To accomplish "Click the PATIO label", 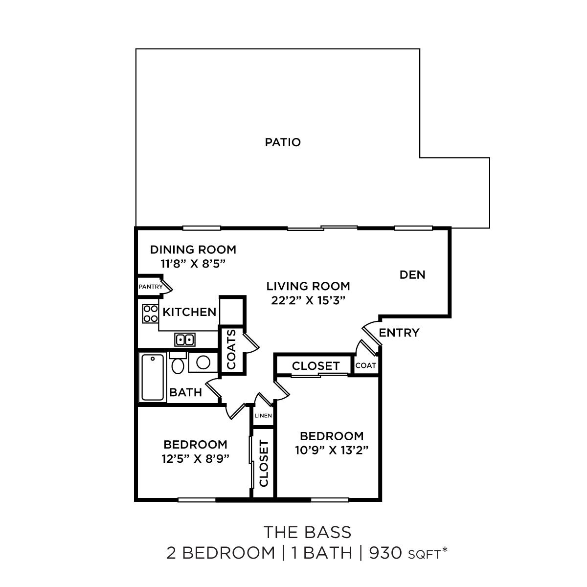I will click(283, 142).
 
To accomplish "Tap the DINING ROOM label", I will click(193, 249).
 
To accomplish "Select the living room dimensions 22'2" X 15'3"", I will click(308, 300).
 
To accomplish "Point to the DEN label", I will click(412, 275).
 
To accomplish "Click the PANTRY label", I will click(150, 287).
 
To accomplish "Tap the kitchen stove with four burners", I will click(150, 313).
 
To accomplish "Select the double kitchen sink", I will click(185, 339).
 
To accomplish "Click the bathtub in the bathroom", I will click(153, 377).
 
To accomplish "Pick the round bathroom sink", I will click(203, 362).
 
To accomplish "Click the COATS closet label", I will click(231, 349).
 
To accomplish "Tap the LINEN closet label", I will click(263, 415).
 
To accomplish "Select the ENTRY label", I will click(399, 333).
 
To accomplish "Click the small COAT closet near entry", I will click(365, 365).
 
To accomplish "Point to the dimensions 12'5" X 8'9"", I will click(195, 458).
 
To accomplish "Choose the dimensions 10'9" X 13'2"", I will click(331, 450).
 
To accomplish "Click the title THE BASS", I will click(307, 531).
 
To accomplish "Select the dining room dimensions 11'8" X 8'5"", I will click(193, 263).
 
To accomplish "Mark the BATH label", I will click(185, 392).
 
